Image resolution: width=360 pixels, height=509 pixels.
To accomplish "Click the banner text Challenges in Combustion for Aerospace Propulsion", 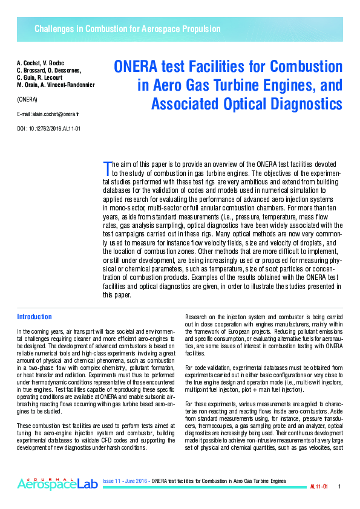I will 127,29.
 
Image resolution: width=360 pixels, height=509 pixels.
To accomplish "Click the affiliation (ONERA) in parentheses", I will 27,98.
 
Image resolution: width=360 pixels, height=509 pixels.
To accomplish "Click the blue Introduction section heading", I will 34,317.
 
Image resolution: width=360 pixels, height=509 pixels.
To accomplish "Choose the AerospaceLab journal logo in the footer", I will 57,483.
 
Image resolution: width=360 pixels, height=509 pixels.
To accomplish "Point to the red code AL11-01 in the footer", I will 319,487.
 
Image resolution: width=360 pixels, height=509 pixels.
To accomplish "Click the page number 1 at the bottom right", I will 339,487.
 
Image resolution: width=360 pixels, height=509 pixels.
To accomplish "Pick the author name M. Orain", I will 27,85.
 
